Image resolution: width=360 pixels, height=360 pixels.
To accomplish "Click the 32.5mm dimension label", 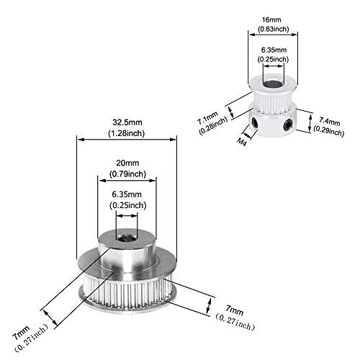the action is pyautogui.click(x=127, y=122).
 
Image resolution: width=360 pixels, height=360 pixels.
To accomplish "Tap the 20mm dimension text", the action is pyautogui.click(x=127, y=163).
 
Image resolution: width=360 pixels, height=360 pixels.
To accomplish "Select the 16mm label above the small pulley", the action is pyautogui.click(x=271, y=19).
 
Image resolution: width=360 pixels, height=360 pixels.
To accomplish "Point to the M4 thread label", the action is pyautogui.click(x=242, y=142).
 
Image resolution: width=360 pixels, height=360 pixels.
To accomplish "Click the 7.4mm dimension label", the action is pyautogui.click(x=329, y=122).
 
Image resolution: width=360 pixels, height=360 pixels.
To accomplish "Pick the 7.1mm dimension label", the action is pyautogui.click(x=208, y=118).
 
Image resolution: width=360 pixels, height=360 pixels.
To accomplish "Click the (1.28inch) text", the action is pyautogui.click(x=127, y=133).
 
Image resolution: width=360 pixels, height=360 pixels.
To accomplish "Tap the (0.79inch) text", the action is pyautogui.click(x=127, y=174).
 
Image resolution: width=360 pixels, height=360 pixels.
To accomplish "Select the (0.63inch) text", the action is pyautogui.click(x=274, y=29).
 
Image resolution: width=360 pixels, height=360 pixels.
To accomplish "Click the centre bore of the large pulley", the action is pyautogui.click(x=127, y=238).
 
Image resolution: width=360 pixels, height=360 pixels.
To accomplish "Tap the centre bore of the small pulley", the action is pyautogui.click(x=274, y=84).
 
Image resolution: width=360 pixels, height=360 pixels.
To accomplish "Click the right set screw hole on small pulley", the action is pyautogui.click(x=287, y=125).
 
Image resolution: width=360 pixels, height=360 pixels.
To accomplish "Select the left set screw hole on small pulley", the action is pyautogui.click(x=255, y=123).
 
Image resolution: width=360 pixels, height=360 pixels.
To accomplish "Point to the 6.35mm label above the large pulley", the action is pyautogui.click(x=127, y=194).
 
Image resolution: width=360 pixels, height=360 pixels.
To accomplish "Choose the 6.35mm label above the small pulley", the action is pyautogui.click(x=274, y=50).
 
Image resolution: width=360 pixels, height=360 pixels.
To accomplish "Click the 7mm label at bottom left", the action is pyautogui.click(x=22, y=333).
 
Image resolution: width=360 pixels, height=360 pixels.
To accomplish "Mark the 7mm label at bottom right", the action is pyautogui.click(x=234, y=310).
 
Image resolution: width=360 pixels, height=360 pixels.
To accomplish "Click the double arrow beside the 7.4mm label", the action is pyautogui.click(x=310, y=122).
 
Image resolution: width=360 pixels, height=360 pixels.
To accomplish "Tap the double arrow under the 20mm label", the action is pyautogui.click(x=127, y=181).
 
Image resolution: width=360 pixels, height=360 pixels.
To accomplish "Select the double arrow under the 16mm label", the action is pyautogui.click(x=273, y=35).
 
